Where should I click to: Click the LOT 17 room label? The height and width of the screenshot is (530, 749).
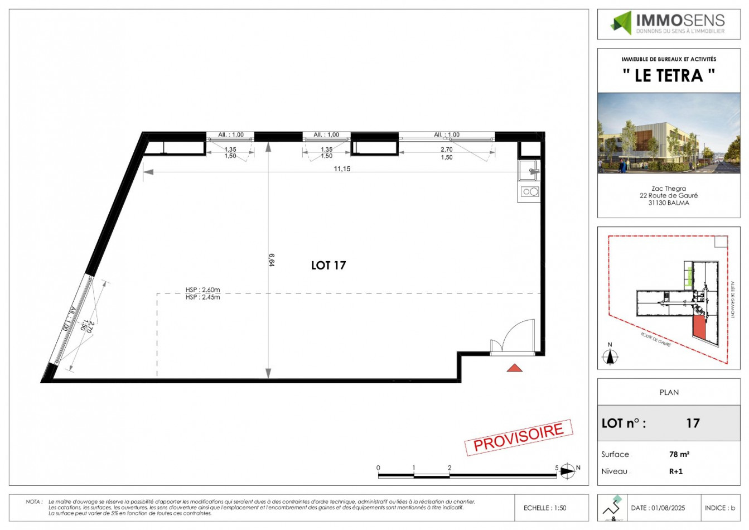[x=328, y=266]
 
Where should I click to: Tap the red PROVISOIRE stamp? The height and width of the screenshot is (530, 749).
[x=519, y=437]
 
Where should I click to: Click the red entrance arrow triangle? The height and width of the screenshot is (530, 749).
[x=514, y=367]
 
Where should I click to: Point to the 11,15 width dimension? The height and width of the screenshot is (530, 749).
[x=342, y=168]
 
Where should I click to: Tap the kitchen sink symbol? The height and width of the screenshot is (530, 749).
[x=529, y=170]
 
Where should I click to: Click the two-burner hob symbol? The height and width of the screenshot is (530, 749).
[x=529, y=192]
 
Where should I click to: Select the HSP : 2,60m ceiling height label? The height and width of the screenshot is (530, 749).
[x=203, y=290]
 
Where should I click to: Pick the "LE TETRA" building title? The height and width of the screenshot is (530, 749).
[x=669, y=75]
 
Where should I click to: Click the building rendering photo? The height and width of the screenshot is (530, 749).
[x=669, y=133]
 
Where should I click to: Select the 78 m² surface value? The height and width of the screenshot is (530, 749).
[x=679, y=455]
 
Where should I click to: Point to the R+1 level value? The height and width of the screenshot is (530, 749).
[x=676, y=471]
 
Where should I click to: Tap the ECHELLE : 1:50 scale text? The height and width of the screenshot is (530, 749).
[x=544, y=508]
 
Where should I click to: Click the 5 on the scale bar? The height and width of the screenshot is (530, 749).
[x=557, y=468]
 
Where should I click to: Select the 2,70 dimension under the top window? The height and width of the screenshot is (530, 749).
[x=447, y=150]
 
